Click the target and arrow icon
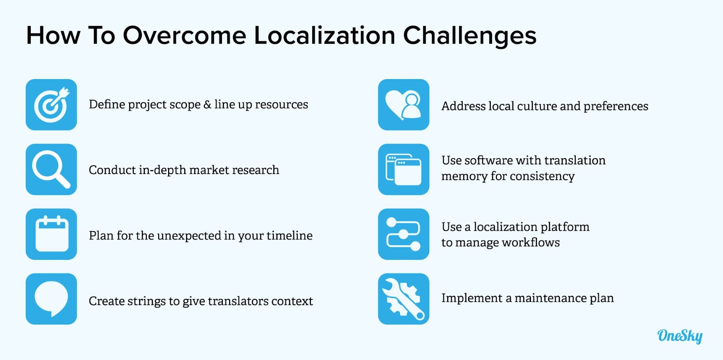pos(52,105)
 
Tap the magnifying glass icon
pos(52,169)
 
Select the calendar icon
pos(52,234)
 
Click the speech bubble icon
pos(52,299)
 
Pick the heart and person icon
pos(404,105)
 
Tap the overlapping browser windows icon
pos(404,169)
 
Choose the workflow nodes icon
pos(404,234)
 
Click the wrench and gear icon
pos(404,299)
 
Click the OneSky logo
pos(680,336)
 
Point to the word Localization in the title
pos(324,36)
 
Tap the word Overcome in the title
pos(184,36)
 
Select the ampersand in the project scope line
pos(207,104)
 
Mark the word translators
pos(238,301)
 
